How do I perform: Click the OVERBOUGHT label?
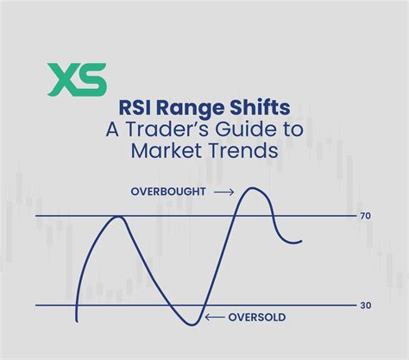[x=168, y=192]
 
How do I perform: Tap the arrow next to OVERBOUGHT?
[x=223, y=192]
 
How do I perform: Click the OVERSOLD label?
[x=256, y=317]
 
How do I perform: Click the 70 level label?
[x=366, y=216]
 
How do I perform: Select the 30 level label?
[x=366, y=306]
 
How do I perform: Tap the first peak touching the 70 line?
[x=120, y=216]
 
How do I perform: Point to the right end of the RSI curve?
[x=302, y=241]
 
